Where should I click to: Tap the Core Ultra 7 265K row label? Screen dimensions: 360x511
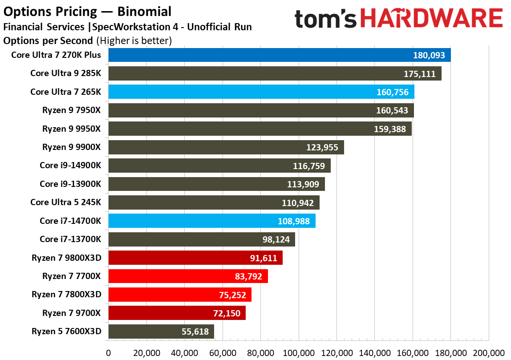[66, 92]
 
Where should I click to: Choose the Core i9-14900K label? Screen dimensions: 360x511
[70, 166]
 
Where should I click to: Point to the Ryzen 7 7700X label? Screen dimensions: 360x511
[72, 276]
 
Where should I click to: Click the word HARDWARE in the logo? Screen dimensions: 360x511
[431, 19]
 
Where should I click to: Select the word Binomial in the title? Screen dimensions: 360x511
[144, 11]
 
